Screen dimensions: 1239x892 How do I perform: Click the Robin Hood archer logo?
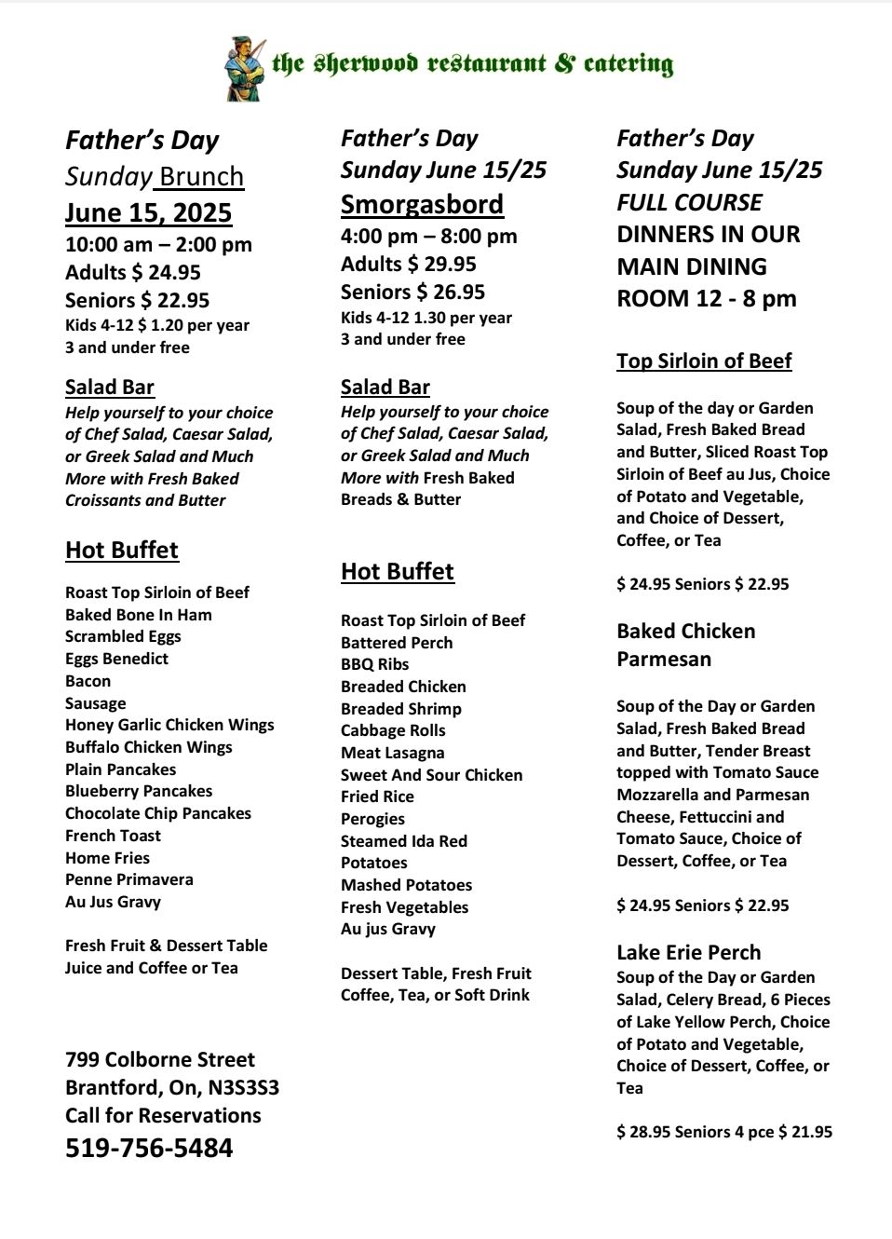pos(244,69)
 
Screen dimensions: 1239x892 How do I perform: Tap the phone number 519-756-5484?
pos(149,1148)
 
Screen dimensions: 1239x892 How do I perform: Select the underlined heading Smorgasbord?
pos(422,204)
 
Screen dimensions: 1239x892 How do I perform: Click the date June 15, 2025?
pos(148,212)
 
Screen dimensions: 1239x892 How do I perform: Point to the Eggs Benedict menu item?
pos(116,659)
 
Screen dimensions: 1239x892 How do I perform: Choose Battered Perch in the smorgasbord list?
pos(397,643)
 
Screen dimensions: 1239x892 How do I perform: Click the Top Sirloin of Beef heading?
pos(704,361)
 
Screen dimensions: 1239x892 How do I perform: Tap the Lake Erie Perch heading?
pos(688,952)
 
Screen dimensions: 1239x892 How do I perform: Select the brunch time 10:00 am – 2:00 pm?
pos(158,245)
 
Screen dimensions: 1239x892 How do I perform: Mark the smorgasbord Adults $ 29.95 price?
pos(409,265)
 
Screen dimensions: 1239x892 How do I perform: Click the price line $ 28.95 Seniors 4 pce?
pos(724,1132)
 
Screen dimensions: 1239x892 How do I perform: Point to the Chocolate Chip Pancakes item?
pos(158,813)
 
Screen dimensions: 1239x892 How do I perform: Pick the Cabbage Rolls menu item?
pos(393,730)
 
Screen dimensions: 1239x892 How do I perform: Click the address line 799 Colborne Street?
pos(160,1059)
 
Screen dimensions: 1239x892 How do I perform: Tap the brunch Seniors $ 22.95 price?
pos(137,300)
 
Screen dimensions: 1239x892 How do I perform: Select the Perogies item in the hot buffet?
pos(372,819)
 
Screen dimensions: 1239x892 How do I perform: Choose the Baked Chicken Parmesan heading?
pos(685,645)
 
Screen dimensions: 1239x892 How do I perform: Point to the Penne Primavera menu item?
pos(129,879)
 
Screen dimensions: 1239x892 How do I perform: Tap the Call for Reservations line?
pos(163,1115)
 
